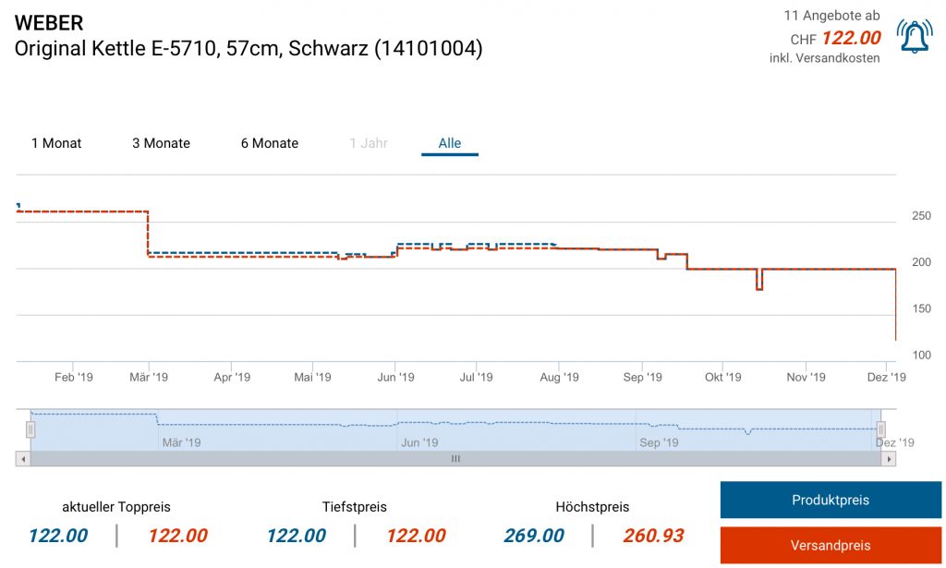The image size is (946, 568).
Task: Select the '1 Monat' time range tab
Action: [x=56, y=143]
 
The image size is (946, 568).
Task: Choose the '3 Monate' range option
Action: [x=161, y=143]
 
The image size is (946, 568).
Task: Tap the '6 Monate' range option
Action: [x=270, y=143]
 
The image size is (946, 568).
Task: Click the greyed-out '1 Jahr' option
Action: [x=369, y=143]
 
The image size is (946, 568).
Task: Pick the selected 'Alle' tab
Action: [x=450, y=143]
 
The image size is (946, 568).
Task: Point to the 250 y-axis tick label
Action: [x=921, y=216]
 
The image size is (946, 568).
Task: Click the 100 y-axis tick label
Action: [x=921, y=356]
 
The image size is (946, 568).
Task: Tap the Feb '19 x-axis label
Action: [x=74, y=377]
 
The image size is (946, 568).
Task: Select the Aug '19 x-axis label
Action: [x=559, y=377]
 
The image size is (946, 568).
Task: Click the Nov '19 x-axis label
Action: [x=806, y=377]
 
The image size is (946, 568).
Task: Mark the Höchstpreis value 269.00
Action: [x=534, y=536]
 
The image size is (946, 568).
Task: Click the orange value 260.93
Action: [x=653, y=536]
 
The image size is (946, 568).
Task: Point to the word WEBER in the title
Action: [x=49, y=23]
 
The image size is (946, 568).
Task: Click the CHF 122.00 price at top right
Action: [x=851, y=39]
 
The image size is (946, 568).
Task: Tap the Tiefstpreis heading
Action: [x=355, y=507]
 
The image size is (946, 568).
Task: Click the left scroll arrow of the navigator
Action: [x=23, y=458]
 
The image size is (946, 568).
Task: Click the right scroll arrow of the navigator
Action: [x=889, y=458]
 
